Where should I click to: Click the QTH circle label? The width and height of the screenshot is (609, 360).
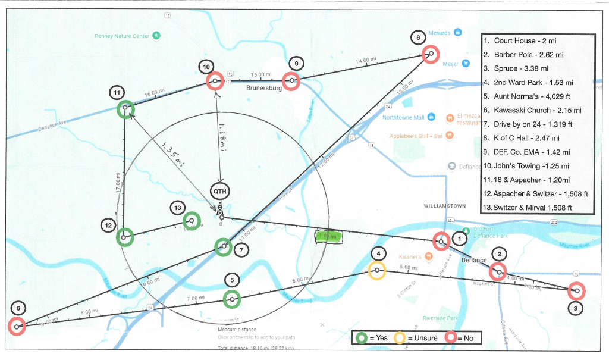(x=220, y=192)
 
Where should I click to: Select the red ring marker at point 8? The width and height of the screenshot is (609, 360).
(x=431, y=54)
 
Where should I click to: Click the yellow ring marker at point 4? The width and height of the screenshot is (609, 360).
(x=376, y=271)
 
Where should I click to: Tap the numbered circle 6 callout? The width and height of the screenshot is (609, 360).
(x=18, y=308)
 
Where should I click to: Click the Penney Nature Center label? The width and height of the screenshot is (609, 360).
(x=122, y=36)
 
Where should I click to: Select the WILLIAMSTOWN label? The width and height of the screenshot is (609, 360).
(x=445, y=206)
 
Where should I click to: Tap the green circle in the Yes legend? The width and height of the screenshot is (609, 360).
(x=360, y=338)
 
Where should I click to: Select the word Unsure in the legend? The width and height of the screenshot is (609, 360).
(x=425, y=338)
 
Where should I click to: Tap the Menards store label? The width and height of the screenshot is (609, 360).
(x=440, y=32)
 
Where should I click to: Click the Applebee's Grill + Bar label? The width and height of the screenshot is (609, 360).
(x=416, y=136)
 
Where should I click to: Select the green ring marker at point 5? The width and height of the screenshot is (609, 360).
(x=232, y=299)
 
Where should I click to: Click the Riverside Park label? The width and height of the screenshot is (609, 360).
(x=440, y=318)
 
